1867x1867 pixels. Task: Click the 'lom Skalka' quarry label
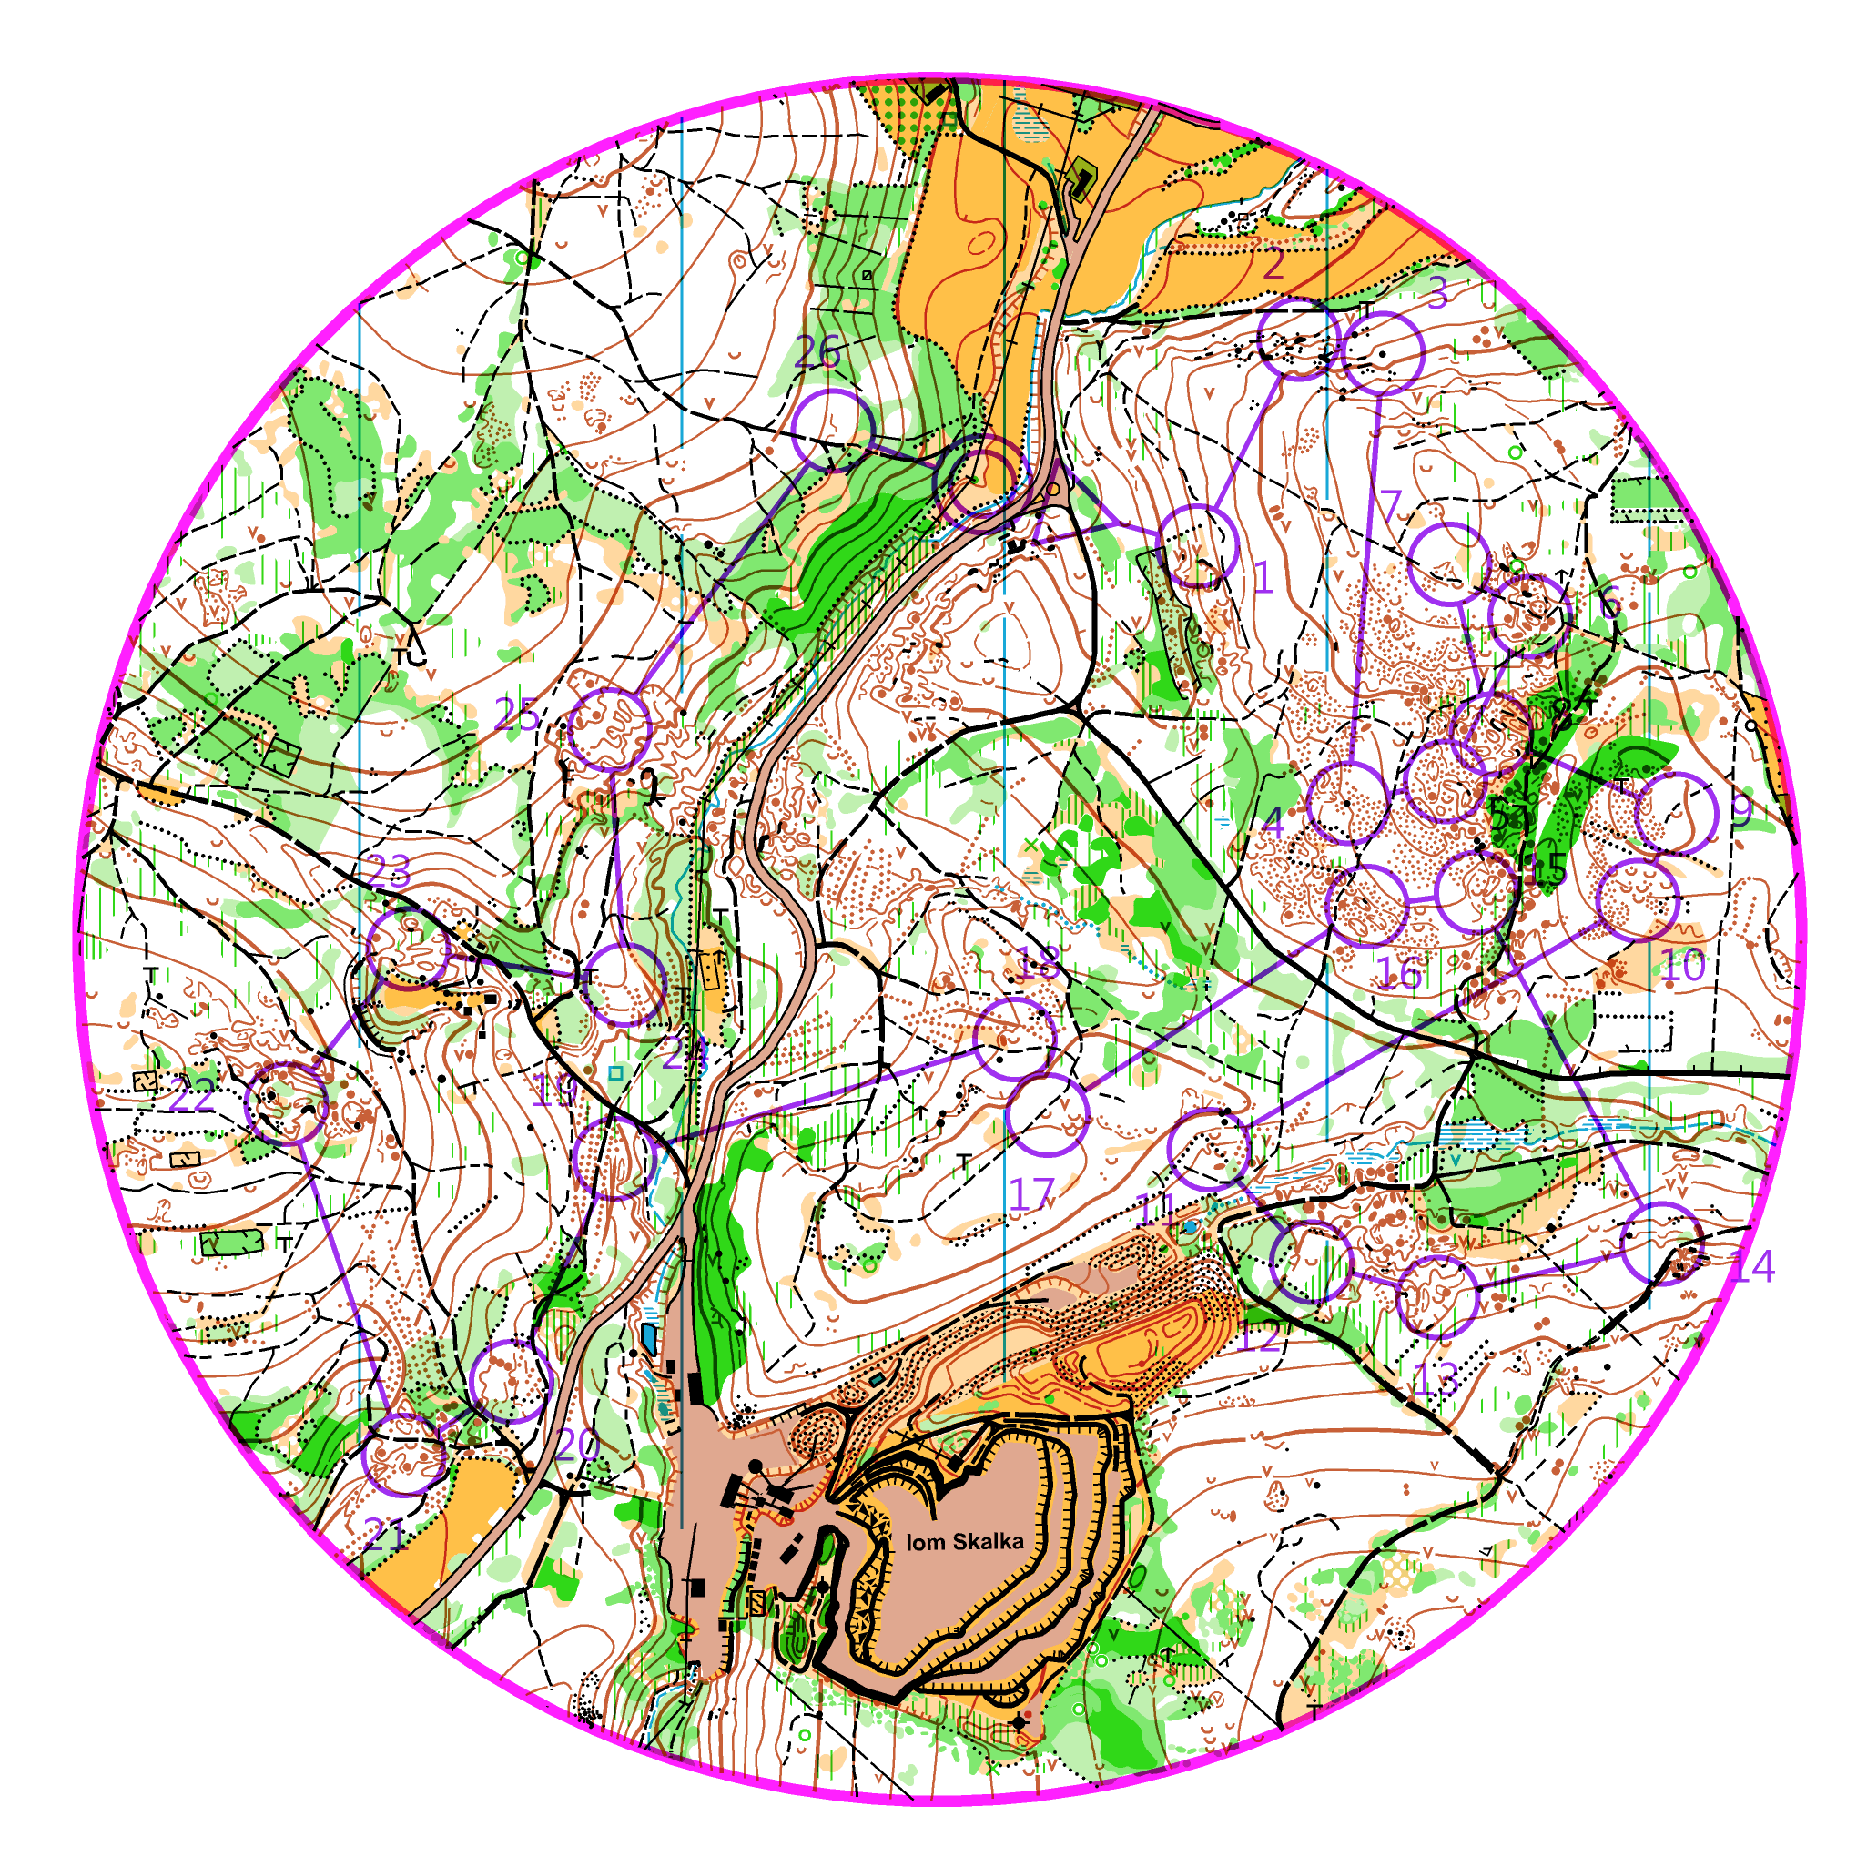click(x=963, y=1541)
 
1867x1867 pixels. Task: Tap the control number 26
click(x=817, y=352)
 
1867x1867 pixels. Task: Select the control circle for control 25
click(x=610, y=731)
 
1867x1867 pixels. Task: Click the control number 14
click(x=1751, y=1266)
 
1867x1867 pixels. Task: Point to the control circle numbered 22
click(x=287, y=1102)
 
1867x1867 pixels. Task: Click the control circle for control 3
click(x=1383, y=352)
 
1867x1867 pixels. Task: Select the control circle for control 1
click(x=1197, y=546)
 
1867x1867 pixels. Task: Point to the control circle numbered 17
click(x=1049, y=1114)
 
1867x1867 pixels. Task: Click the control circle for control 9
click(x=1676, y=814)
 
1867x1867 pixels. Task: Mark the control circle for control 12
click(x=1312, y=1262)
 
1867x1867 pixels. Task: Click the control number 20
click(x=578, y=1446)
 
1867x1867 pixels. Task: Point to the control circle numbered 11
click(x=1208, y=1149)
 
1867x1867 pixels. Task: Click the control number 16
click(x=1398, y=973)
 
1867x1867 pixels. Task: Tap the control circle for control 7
click(x=1448, y=564)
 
